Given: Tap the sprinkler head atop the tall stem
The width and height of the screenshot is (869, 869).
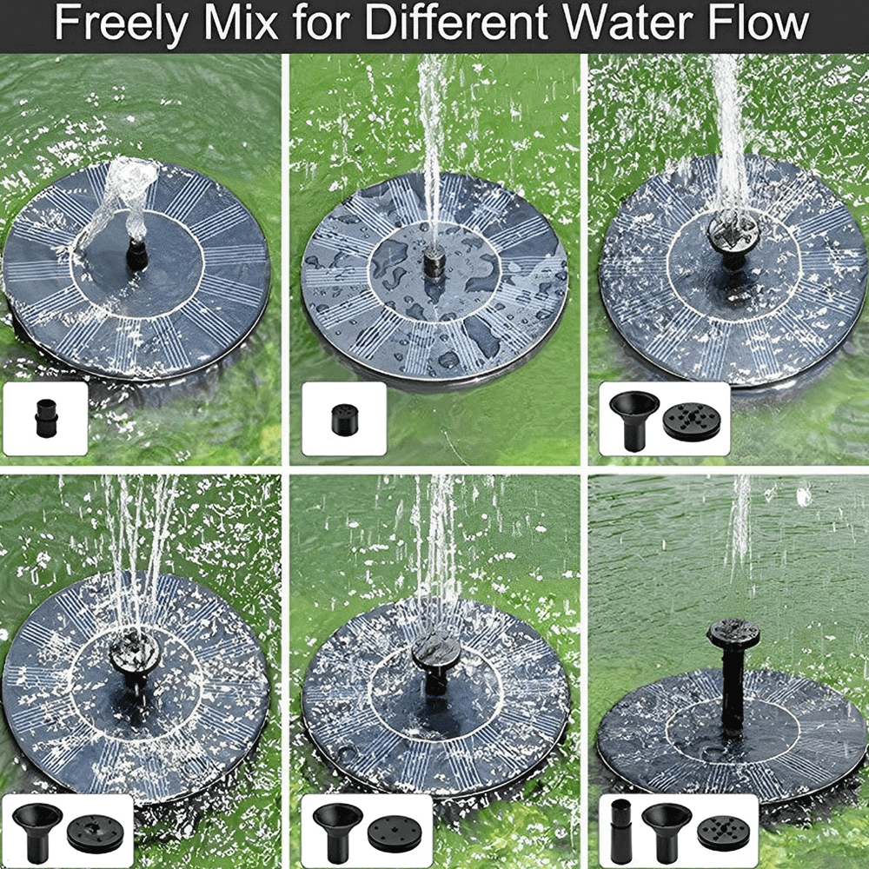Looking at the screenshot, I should click(x=733, y=633).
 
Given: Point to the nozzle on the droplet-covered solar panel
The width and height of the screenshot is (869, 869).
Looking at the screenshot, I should click(x=433, y=262).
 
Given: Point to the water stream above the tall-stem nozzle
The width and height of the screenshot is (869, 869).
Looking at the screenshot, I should click(x=740, y=539).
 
